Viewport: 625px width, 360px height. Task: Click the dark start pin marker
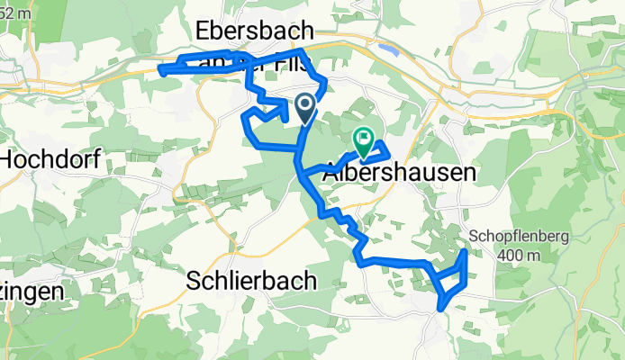tap(305, 108)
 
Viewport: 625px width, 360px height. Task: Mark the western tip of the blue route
tap(160, 68)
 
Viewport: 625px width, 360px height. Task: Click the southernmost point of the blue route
tap(441, 308)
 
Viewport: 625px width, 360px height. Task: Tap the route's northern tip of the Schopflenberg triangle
tap(465, 252)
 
